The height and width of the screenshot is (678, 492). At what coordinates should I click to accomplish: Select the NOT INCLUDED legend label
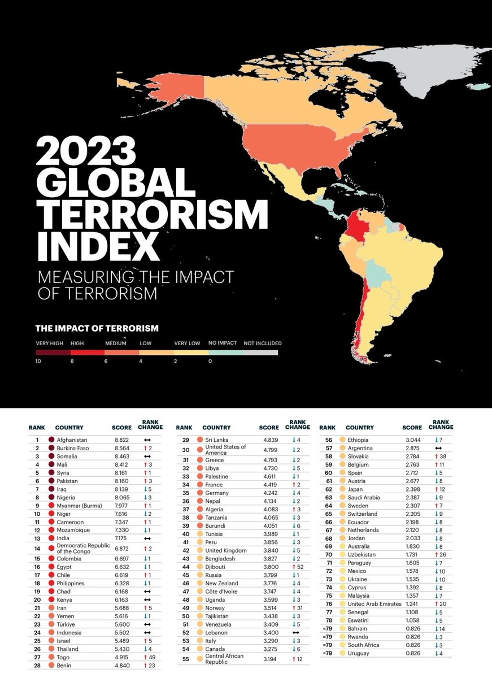click(262, 343)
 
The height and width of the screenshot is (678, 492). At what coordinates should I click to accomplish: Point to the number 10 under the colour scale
click(39, 360)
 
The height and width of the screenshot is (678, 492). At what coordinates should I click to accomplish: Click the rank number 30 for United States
click(186, 450)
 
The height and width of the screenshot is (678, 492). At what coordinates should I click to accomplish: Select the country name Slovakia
click(359, 456)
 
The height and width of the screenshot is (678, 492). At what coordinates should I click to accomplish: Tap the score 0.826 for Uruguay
click(411, 654)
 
